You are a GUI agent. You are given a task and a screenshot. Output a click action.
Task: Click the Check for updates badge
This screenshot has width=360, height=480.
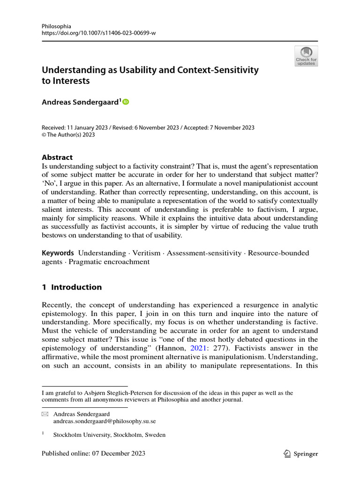click(306, 56)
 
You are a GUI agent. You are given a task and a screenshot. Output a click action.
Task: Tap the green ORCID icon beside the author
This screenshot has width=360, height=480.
click(125, 102)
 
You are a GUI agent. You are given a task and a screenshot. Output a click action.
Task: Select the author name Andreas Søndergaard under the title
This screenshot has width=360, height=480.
click(80, 102)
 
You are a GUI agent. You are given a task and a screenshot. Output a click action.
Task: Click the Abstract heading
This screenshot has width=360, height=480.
click(57, 157)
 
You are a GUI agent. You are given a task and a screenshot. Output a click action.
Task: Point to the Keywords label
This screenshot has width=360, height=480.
click(58, 253)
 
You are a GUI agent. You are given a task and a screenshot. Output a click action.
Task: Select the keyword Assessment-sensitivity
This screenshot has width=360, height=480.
click(204, 253)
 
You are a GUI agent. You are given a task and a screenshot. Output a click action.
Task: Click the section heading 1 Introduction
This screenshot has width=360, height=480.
click(72, 287)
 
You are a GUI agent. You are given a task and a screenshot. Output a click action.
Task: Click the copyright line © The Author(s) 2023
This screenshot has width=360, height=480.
click(68, 135)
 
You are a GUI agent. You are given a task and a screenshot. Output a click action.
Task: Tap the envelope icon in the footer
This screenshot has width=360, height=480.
click(45, 414)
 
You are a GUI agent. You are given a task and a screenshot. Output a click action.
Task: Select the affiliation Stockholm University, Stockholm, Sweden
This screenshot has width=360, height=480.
click(109, 435)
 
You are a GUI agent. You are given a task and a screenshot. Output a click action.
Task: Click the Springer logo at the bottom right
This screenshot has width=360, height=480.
click(301, 453)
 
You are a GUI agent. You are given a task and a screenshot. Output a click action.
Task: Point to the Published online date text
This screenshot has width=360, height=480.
click(93, 453)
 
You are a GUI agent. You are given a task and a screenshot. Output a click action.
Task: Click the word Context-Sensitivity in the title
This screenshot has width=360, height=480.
click(218, 70)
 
